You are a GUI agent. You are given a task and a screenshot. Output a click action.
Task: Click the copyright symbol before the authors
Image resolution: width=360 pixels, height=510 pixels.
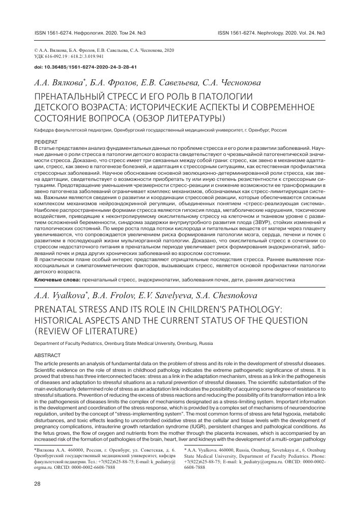coord(35,51)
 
